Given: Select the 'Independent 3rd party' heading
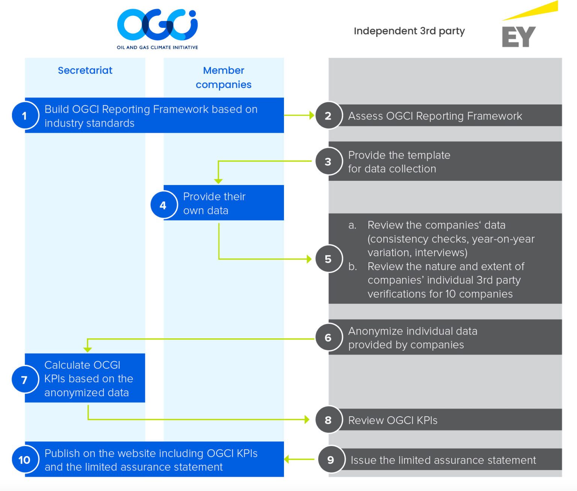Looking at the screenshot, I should pyautogui.click(x=409, y=31).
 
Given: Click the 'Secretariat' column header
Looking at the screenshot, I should pyautogui.click(x=85, y=70).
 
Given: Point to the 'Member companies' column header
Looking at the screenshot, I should pyautogui.click(x=224, y=77).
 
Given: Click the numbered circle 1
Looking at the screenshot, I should pyautogui.click(x=25, y=115).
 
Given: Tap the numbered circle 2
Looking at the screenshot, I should pyautogui.click(x=328, y=115).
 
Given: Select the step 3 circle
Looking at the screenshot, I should pyautogui.click(x=328, y=162).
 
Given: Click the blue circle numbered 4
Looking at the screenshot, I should pyautogui.click(x=163, y=205).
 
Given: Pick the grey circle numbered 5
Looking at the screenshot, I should pyautogui.click(x=328, y=259).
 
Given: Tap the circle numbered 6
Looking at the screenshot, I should pyautogui.click(x=328, y=338).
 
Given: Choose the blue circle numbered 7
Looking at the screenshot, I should pyautogui.click(x=25, y=380).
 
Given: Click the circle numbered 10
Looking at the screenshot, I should pyautogui.click(x=25, y=460).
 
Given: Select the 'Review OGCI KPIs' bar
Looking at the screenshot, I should pyautogui.click(x=447, y=420).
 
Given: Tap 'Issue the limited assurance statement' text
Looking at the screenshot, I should pyautogui.click(x=443, y=460).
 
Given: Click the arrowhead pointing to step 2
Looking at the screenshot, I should pyautogui.click(x=311, y=115).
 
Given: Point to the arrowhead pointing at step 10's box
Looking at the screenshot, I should pyautogui.click(x=287, y=459).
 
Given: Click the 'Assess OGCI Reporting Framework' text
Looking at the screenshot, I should pyautogui.click(x=435, y=116).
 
